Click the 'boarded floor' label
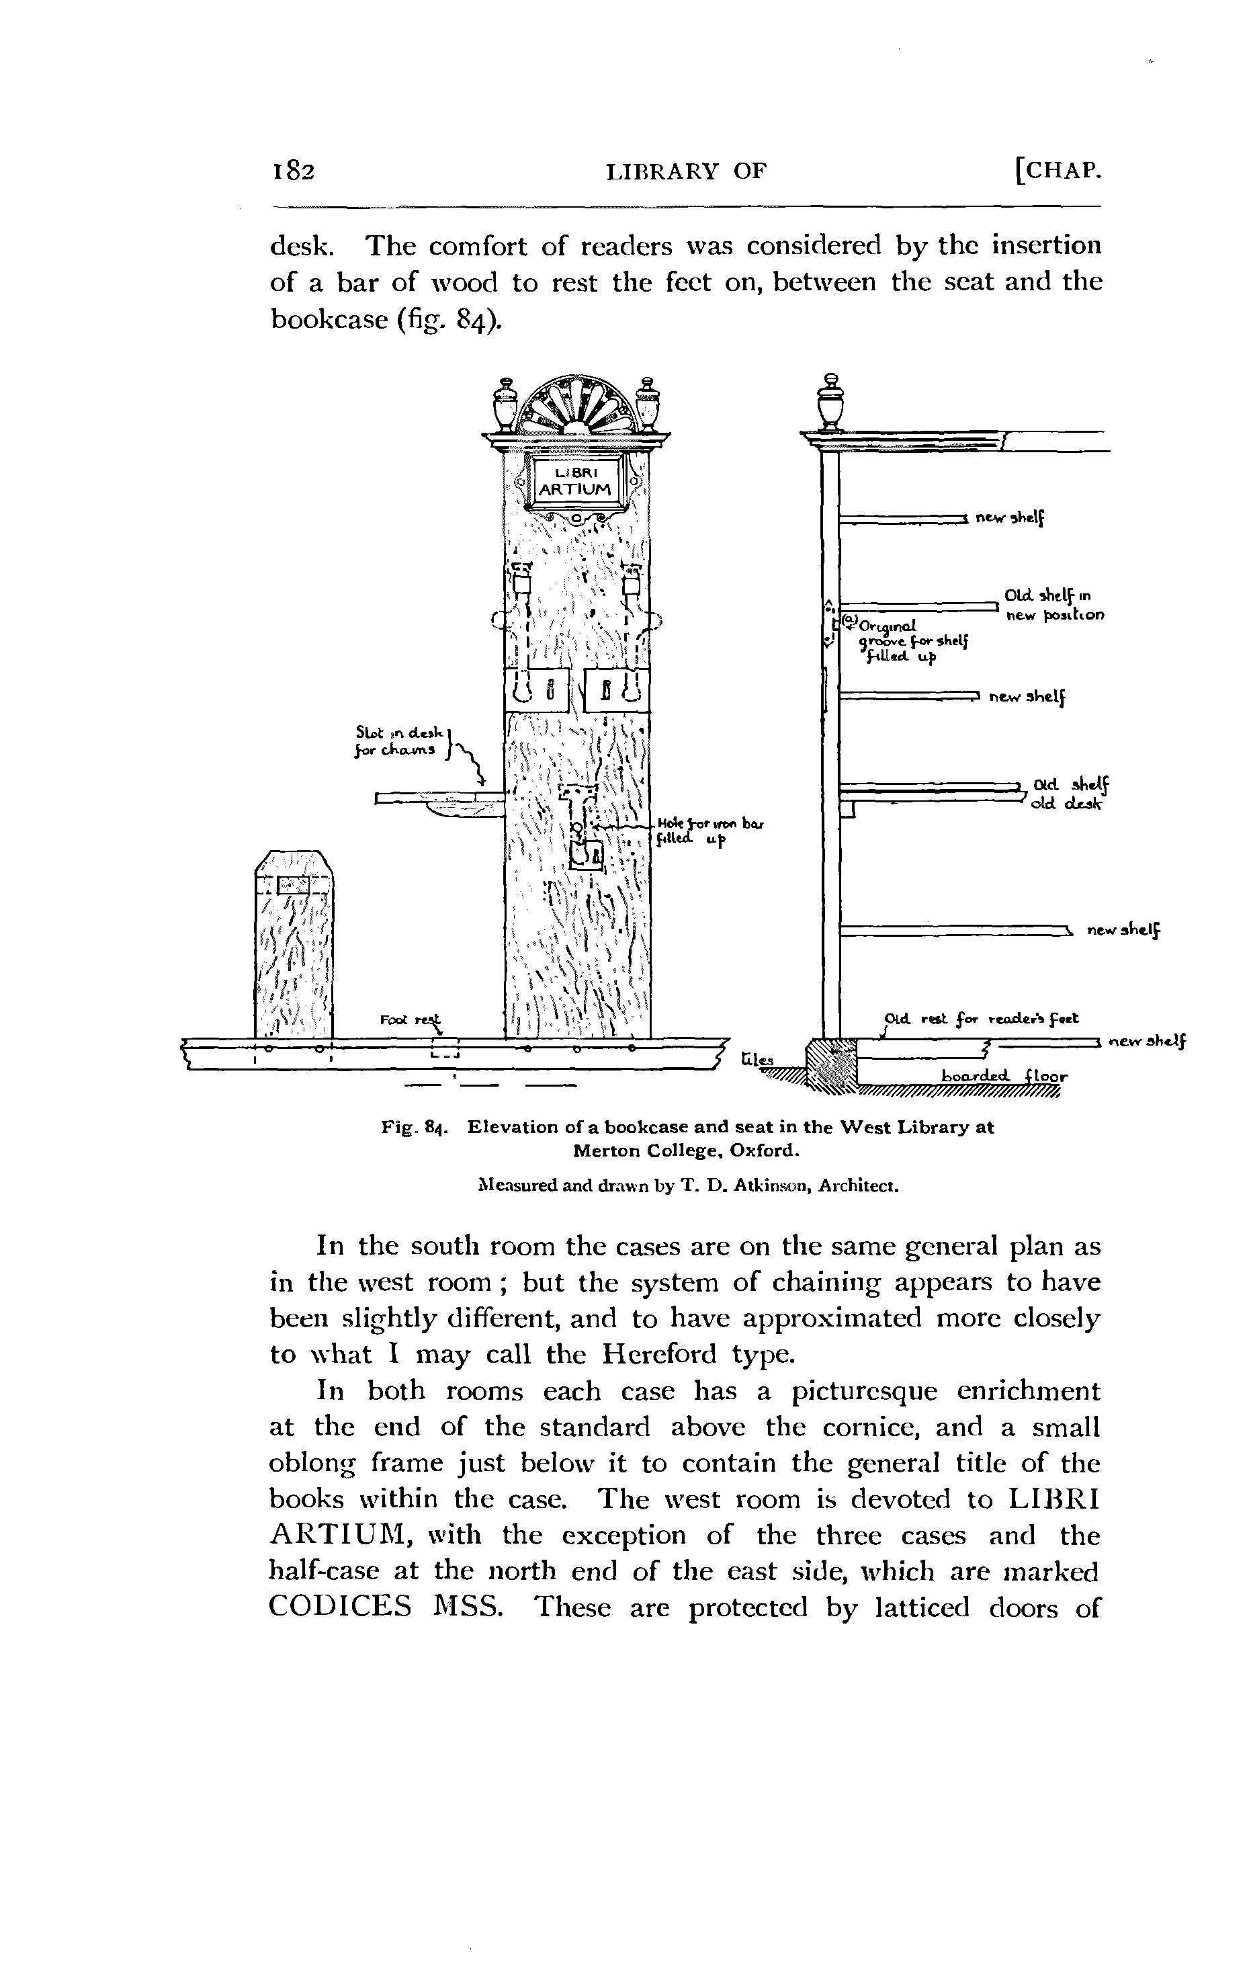point(1004,1075)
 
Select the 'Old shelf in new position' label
point(1053,605)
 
